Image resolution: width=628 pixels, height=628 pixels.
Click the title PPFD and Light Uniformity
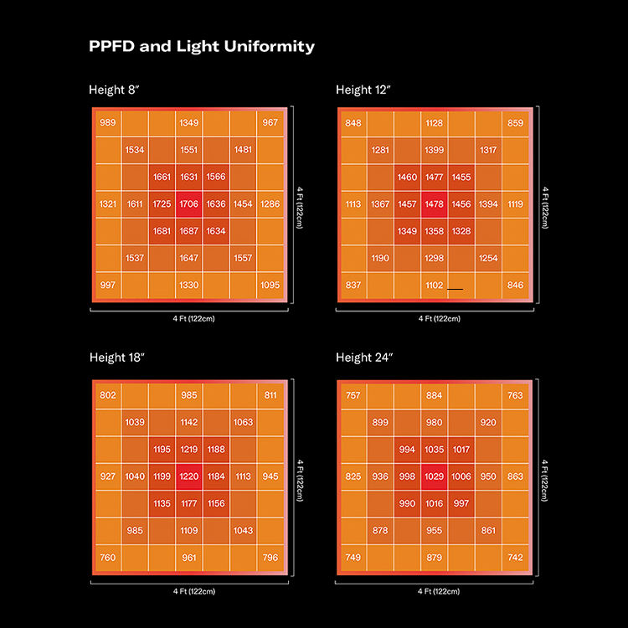[202, 47]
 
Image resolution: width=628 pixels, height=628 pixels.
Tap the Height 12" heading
[366, 90]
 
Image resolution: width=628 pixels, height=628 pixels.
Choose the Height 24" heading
[366, 358]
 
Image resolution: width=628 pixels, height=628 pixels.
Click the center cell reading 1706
[189, 203]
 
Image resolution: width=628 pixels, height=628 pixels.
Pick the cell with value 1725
[162, 203]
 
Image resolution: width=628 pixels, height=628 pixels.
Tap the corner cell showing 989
[108, 122]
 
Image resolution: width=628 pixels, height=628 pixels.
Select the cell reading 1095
[270, 286]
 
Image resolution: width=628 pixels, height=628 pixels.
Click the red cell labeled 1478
[435, 203]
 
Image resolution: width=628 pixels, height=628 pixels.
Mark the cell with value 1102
[435, 286]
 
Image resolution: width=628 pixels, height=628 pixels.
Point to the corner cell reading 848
[353, 122]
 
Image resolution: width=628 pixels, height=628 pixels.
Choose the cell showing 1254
[489, 258]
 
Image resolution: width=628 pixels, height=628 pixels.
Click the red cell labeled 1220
[189, 476]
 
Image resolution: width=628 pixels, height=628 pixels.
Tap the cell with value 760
[108, 558]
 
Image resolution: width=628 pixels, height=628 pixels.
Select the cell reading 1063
[244, 422]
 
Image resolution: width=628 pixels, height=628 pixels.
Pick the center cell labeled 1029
[435, 476]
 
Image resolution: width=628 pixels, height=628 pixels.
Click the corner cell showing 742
[516, 558]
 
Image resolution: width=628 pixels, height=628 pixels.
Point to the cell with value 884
[435, 395]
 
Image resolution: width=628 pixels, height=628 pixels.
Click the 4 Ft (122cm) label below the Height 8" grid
[189, 318]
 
